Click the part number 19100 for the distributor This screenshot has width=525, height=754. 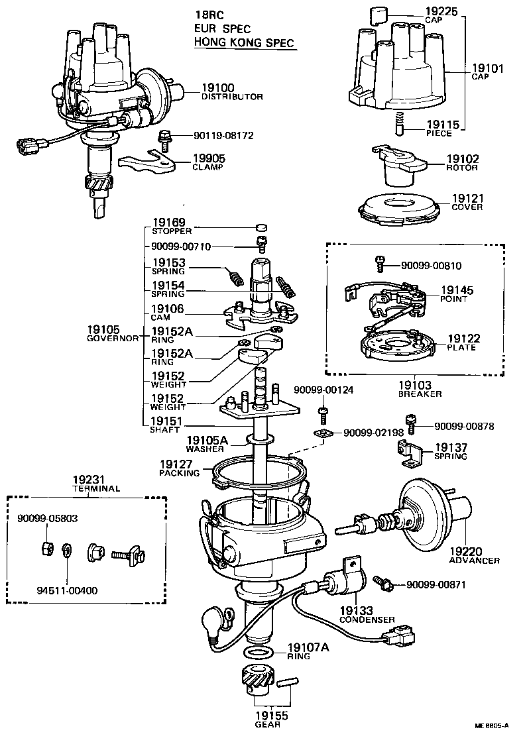219,87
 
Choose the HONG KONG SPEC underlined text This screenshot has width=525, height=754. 241,42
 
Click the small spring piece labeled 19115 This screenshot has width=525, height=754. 400,121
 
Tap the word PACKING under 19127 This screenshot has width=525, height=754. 179,473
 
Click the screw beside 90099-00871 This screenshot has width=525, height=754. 384,583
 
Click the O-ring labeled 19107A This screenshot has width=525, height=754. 257,653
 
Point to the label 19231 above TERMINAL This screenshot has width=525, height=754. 87,480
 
